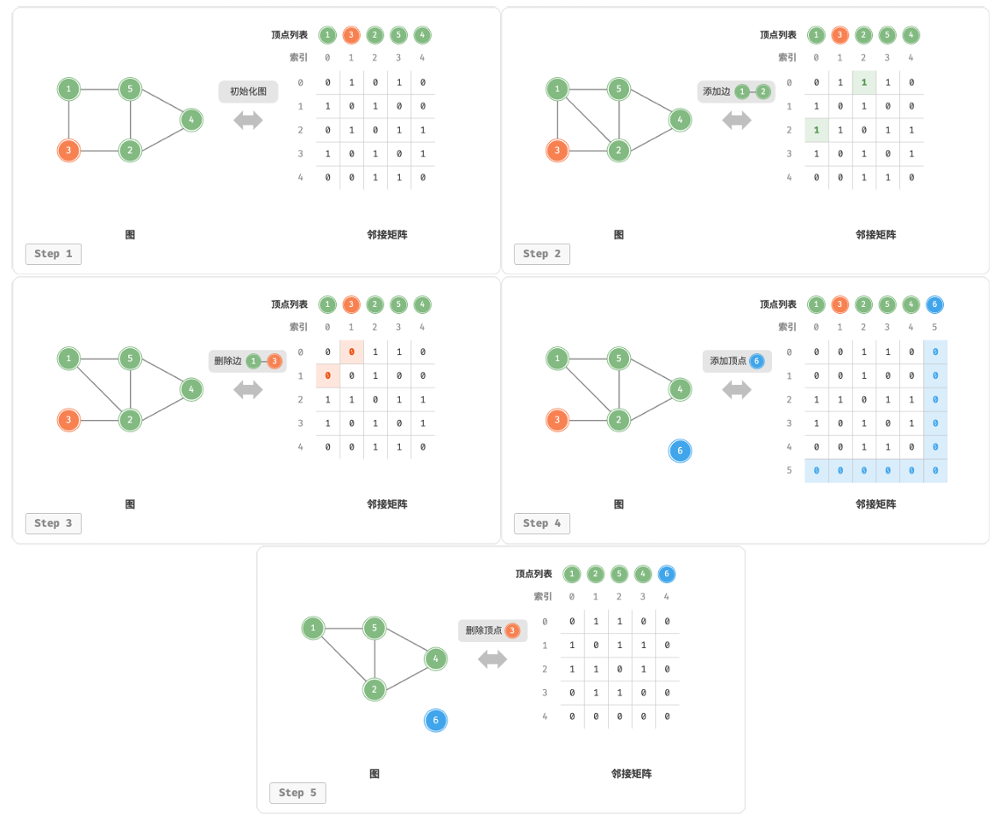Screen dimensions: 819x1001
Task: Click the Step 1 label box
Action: pyautogui.click(x=54, y=254)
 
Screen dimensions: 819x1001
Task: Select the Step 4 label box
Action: pyautogui.click(x=542, y=523)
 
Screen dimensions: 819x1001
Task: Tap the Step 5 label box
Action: pyautogui.click(x=297, y=793)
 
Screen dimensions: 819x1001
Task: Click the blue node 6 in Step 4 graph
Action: pyautogui.click(x=680, y=451)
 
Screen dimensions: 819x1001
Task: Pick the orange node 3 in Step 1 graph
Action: pyautogui.click(x=68, y=151)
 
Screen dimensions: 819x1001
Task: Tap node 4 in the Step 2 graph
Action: pyautogui.click(x=680, y=119)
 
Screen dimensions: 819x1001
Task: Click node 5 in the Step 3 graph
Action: pyautogui.click(x=130, y=359)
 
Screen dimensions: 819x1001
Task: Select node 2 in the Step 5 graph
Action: pyautogui.click(x=375, y=689)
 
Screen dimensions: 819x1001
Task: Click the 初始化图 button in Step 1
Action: pyautogui.click(x=248, y=91)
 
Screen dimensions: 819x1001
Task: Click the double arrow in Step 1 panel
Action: pyautogui.click(x=248, y=120)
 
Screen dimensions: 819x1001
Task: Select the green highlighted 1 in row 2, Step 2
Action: pyautogui.click(x=817, y=131)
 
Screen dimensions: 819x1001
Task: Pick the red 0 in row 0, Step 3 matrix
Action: pyautogui.click(x=352, y=353)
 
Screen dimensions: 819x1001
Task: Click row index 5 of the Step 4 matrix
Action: pyautogui.click(x=790, y=471)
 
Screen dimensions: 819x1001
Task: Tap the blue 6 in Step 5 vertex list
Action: pyautogui.click(x=667, y=574)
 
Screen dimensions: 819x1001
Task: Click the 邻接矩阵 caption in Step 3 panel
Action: pyautogui.click(x=387, y=504)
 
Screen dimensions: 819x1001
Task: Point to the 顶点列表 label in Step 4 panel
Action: pyautogui.click(x=778, y=304)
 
